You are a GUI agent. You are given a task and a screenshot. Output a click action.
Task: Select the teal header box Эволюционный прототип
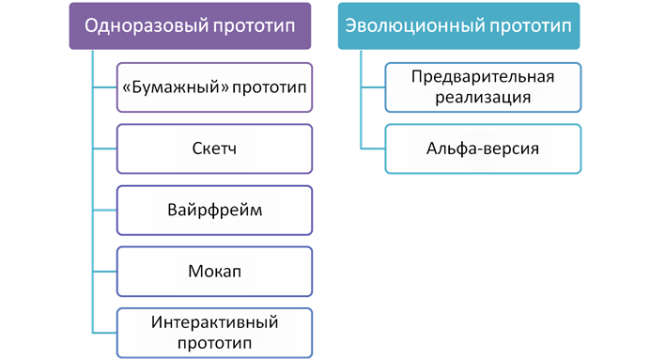[x=458, y=25]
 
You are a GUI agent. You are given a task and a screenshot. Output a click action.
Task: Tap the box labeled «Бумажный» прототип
[x=213, y=86]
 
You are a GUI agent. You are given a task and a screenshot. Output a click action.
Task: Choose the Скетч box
[x=213, y=149]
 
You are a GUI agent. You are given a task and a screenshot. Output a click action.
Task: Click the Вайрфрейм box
[x=213, y=209]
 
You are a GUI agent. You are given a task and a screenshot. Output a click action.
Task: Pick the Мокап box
[x=213, y=270]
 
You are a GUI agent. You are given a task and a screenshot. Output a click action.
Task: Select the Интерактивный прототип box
[x=213, y=331]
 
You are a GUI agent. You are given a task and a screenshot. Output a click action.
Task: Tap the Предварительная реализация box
[x=483, y=86]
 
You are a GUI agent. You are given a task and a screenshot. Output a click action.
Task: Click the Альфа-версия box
[x=483, y=149]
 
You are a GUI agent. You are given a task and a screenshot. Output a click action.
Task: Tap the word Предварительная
[x=483, y=76]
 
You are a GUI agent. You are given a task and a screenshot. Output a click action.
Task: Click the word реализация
[x=483, y=97]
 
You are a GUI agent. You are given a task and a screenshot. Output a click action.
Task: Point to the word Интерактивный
[x=213, y=321]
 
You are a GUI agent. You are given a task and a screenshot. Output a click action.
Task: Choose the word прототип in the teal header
[x=532, y=25]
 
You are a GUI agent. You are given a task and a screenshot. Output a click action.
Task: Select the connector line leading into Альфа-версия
[x=372, y=149]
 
